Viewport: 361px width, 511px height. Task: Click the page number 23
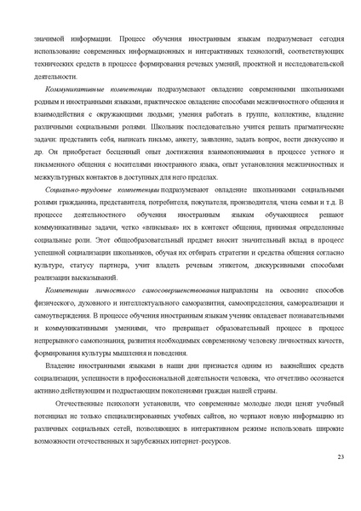(x=341, y=458)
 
